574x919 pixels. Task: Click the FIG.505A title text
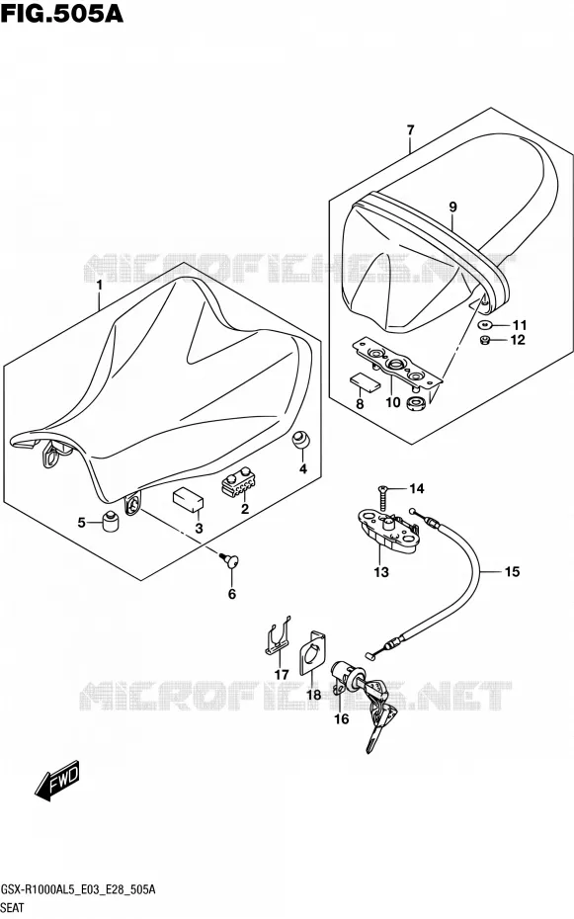pyautogui.click(x=61, y=13)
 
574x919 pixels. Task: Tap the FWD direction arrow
pyautogui.click(x=57, y=783)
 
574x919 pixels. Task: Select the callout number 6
pyautogui.click(x=232, y=594)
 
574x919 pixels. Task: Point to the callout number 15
pyautogui.click(x=512, y=571)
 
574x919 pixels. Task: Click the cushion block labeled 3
pyautogui.click(x=188, y=500)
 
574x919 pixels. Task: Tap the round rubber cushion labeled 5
pyautogui.click(x=112, y=522)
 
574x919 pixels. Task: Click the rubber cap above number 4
pyautogui.click(x=301, y=440)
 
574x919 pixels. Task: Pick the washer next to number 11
pyautogui.click(x=485, y=325)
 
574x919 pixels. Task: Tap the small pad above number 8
pyautogui.click(x=364, y=382)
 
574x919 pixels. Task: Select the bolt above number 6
pyautogui.click(x=230, y=561)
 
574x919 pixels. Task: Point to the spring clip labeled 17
pyautogui.click(x=277, y=637)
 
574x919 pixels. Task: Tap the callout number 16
pyautogui.click(x=342, y=718)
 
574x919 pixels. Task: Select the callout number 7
pyautogui.click(x=410, y=129)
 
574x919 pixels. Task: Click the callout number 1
pyautogui.click(x=100, y=286)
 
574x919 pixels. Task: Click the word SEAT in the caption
pyautogui.click(x=12, y=908)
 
